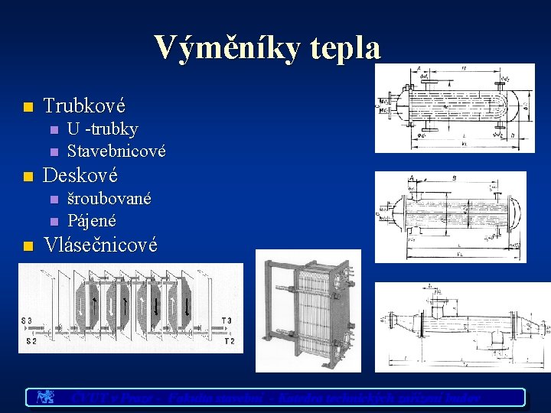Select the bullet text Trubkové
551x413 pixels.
pyautogui.click(x=84, y=105)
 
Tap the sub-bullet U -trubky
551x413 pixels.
pyautogui.click(x=103, y=128)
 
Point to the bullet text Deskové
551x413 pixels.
pyautogui.click(x=80, y=175)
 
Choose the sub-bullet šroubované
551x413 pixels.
pyautogui.click(x=109, y=199)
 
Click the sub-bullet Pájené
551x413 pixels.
pyautogui.click(x=92, y=221)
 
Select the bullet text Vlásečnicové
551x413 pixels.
pyautogui.click(x=101, y=245)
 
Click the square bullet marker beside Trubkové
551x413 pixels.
pyautogui.click(x=28, y=106)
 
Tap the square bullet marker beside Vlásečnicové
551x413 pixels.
pyautogui.click(x=28, y=246)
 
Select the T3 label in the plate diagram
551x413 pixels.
pyautogui.click(x=227, y=320)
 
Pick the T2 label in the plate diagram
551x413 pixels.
pyautogui.click(x=229, y=341)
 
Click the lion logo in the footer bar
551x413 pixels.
pyautogui.click(x=45, y=397)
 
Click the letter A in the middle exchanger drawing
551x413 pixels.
pyautogui.click(x=412, y=175)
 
